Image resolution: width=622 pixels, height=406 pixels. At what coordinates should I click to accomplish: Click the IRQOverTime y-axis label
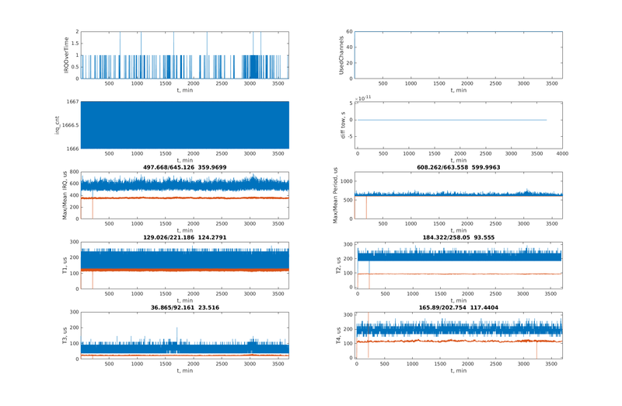point(67,55)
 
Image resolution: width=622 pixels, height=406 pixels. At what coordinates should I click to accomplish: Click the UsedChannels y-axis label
point(342,55)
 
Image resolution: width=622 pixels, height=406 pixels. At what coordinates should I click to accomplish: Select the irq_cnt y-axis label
point(57,125)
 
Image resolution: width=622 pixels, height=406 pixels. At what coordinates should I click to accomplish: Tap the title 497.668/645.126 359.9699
point(184,166)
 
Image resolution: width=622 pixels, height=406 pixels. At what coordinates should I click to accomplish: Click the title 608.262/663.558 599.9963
point(459,166)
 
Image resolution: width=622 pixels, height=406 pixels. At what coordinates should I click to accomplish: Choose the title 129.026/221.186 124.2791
point(184,236)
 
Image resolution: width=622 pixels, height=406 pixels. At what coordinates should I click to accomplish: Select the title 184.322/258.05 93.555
point(459,236)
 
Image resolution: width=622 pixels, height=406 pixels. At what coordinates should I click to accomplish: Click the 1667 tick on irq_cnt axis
point(71,102)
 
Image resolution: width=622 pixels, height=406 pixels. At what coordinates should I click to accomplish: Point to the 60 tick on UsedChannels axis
point(350,32)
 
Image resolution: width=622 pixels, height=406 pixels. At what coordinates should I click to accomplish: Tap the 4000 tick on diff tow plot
point(562,153)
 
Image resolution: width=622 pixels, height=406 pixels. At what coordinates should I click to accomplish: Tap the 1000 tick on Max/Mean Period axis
point(347,180)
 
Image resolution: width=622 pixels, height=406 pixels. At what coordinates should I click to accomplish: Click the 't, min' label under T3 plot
point(184,370)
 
